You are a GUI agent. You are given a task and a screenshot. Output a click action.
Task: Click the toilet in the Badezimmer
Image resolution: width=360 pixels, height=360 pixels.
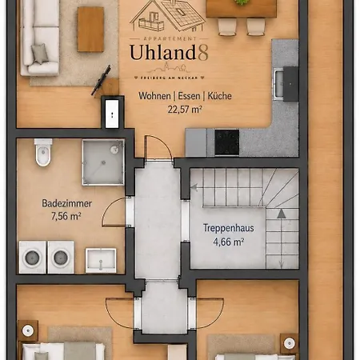pos(43,153)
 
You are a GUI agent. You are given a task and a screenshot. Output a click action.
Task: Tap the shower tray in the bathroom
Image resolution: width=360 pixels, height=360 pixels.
pos(103,162)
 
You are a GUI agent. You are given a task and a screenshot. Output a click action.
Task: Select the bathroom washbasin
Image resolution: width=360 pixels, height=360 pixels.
pos(101,261)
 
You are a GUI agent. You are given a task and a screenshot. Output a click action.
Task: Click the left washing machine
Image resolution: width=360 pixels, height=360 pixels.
pos(32,258)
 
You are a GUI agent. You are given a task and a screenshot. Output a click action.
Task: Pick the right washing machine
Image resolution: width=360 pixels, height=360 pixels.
pos(61,258)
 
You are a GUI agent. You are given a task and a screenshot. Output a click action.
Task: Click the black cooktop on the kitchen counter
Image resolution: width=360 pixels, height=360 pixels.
pos(227,142)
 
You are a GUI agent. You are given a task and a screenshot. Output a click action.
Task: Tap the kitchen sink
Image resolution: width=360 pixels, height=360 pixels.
pos(278,83)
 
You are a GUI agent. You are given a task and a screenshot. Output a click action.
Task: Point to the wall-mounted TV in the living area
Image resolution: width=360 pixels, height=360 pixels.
pos(101,80)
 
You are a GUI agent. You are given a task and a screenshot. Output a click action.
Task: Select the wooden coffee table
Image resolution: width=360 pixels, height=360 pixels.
pos(90,30)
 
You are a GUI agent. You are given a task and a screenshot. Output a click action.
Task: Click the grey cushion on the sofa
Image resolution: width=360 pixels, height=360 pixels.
pos(40,54)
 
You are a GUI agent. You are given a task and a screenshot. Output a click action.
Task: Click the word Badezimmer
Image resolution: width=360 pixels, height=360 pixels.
pos(66,203)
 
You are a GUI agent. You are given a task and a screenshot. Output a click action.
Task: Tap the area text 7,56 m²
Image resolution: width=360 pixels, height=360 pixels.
pos(66,216)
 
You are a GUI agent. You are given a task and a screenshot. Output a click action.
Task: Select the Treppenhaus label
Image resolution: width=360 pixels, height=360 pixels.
pos(229,228)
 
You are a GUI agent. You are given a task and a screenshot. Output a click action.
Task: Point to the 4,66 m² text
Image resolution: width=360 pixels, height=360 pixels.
pos(228,242)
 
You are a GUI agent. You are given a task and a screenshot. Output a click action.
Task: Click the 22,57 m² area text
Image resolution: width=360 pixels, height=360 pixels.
pos(185,110)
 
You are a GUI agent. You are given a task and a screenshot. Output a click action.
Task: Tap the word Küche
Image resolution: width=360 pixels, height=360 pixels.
pos(219,96)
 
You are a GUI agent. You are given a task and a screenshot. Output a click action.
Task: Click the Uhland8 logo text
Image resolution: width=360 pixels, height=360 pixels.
pos(169,53)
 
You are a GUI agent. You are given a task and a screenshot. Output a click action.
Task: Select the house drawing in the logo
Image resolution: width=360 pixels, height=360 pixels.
pos(167,16)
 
